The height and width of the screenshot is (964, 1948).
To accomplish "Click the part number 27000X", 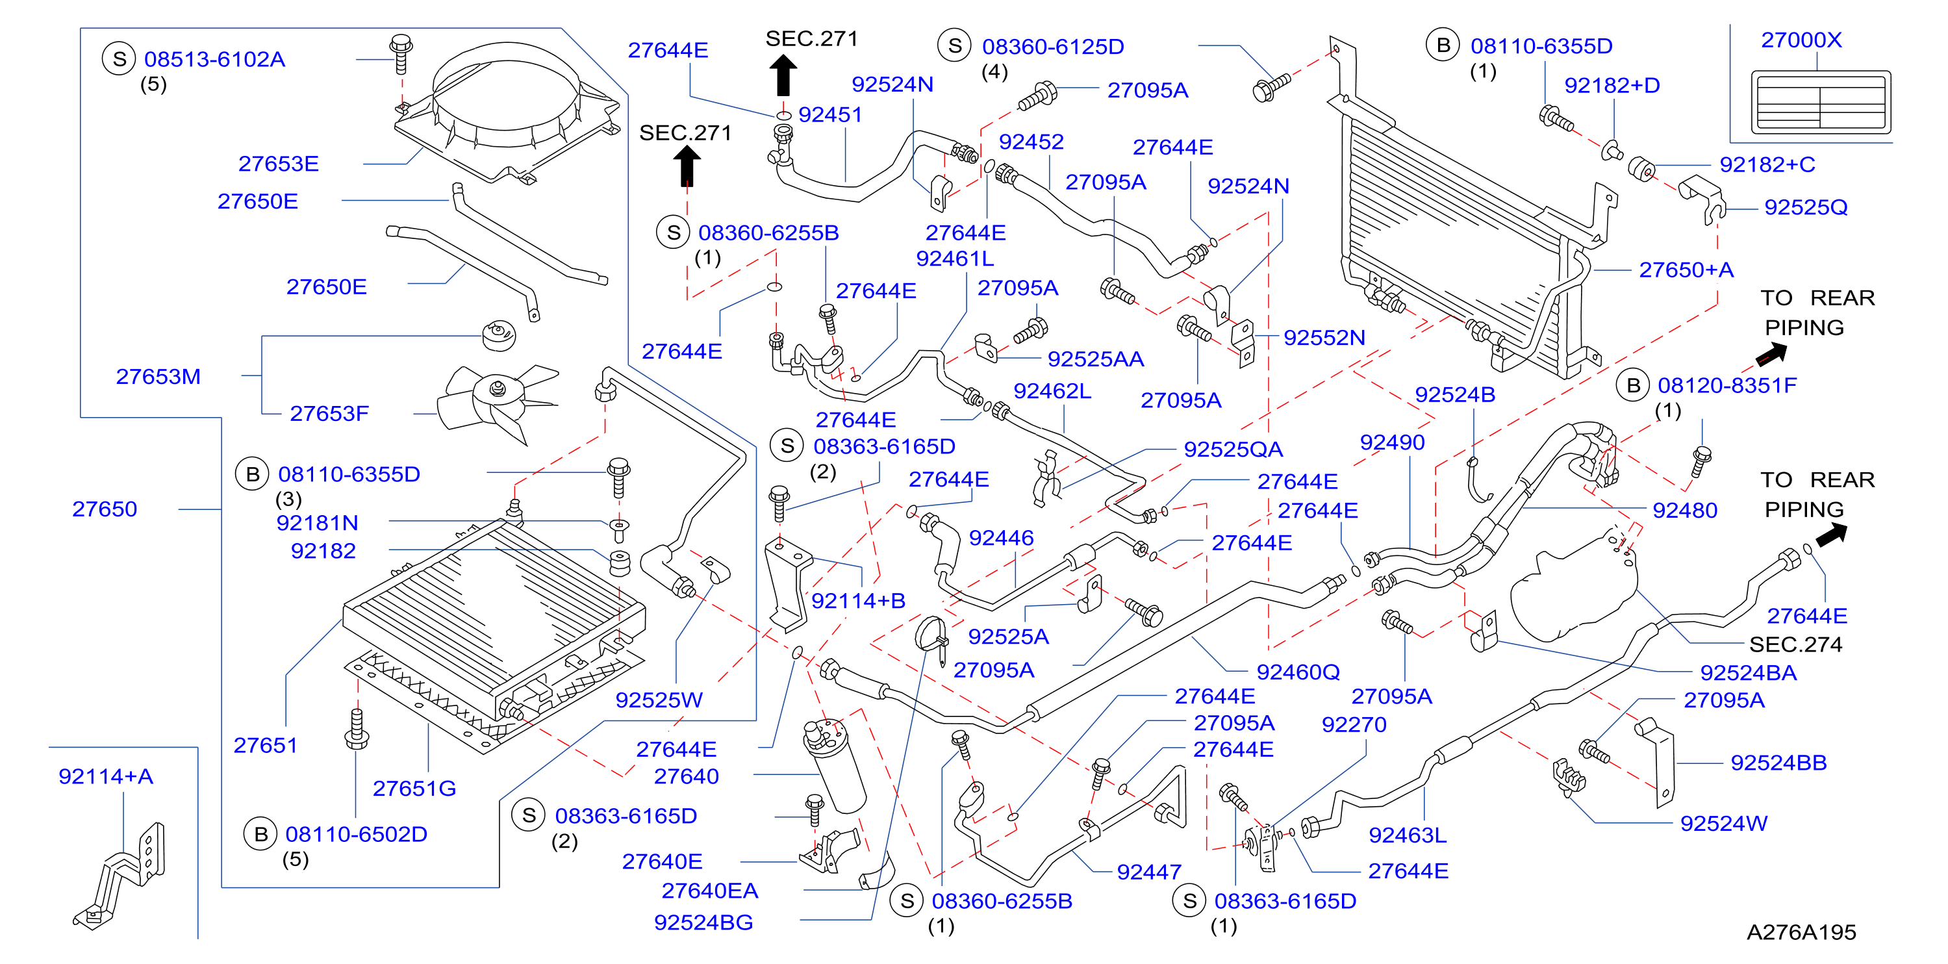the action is tap(1801, 40).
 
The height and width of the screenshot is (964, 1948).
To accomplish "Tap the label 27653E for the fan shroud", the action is tap(278, 164).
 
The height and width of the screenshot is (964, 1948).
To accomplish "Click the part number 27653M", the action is tap(158, 377).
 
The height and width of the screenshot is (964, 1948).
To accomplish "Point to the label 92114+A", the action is tap(106, 776).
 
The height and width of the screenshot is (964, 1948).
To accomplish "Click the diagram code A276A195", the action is tap(1801, 932).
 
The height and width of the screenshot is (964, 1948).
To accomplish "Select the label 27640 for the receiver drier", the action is tap(686, 776).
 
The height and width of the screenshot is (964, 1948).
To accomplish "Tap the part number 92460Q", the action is tap(1298, 672).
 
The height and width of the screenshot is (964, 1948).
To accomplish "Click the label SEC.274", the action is tap(1795, 644).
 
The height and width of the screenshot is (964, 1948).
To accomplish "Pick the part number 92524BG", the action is tap(703, 922).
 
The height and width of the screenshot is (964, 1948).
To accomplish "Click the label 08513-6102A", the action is tap(215, 59).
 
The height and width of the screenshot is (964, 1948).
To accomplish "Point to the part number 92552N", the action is tap(1324, 337).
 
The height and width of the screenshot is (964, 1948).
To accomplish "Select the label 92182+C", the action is tap(1767, 165).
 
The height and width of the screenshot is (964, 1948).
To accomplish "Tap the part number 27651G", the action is tap(414, 789).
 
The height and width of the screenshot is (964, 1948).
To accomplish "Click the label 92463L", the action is tap(1408, 835).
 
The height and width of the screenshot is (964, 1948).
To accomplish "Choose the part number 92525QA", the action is tap(1233, 449).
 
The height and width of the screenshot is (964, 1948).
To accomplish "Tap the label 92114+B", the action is tap(858, 601).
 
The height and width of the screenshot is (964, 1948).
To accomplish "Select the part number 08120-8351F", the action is tap(1727, 386).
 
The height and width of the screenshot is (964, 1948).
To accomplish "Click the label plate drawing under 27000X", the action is tap(1820, 102).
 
